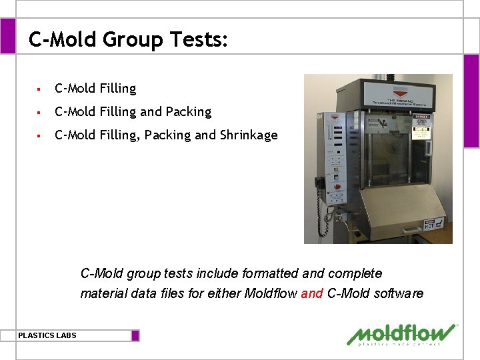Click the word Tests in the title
(197, 40)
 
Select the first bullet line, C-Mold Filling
(95, 88)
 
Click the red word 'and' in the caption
(311, 293)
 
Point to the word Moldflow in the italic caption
(271, 293)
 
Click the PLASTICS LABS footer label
(47, 335)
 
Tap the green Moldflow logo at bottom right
(401, 335)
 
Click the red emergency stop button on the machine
(337, 186)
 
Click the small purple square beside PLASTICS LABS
(135, 335)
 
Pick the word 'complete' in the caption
(355, 273)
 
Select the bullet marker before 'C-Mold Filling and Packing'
(40, 112)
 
